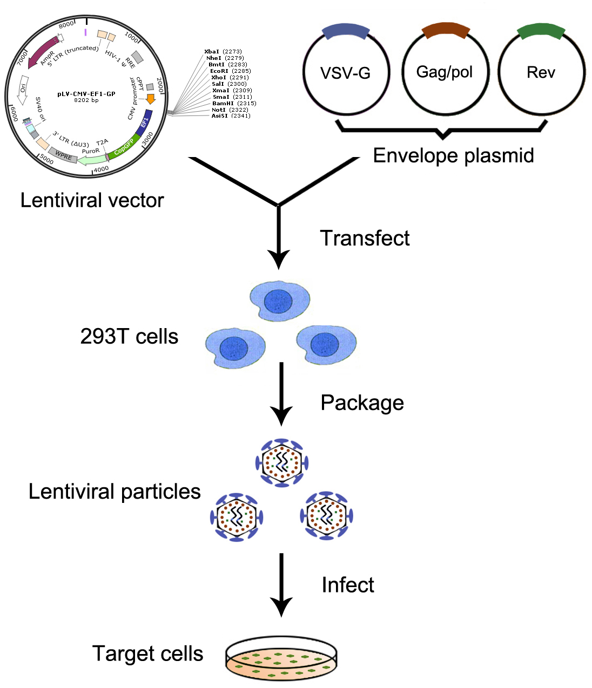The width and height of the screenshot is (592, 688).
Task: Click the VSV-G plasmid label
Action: tap(345, 73)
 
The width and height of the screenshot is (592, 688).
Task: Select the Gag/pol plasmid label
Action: tap(444, 72)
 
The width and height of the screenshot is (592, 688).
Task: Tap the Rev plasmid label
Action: tap(541, 72)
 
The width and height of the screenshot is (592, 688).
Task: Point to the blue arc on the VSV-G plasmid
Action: tap(346, 32)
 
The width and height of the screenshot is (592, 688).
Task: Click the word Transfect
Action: tap(365, 238)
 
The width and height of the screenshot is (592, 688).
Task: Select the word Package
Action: tap(362, 403)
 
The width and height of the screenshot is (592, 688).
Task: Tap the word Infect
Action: tap(347, 585)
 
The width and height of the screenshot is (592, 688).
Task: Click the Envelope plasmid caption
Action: tap(453, 155)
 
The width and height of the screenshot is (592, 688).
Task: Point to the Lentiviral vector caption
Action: tap(92, 200)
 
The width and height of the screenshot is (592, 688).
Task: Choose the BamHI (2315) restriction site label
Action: tap(234, 103)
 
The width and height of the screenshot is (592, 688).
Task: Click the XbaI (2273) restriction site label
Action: tap(223, 52)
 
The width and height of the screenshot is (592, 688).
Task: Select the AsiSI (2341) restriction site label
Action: tap(231, 116)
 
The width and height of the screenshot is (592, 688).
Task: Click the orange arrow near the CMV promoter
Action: tap(151, 99)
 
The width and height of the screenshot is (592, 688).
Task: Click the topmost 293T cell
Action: tap(280, 301)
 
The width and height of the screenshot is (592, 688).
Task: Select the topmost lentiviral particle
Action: tap(281, 462)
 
